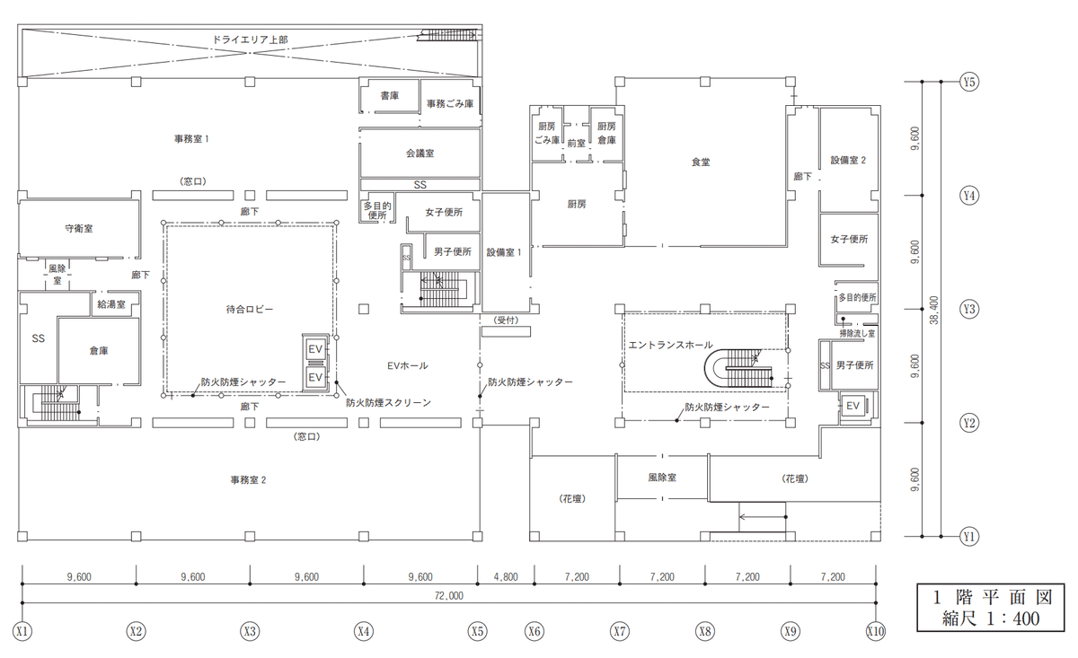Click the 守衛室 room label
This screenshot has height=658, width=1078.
click(x=79, y=229)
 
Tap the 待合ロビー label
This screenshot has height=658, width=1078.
click(x=250, y=310)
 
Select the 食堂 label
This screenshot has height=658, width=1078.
click(x=701, y=162)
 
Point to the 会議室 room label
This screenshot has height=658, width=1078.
click(x=420, y=154)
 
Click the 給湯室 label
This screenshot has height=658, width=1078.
click(x=111, y=304)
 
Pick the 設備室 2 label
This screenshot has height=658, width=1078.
click(x=848, y=160)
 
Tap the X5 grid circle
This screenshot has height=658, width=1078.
click(x=477, y=631)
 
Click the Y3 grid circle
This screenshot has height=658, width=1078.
click(x=969, y=309)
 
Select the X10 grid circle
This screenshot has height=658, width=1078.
click(x=875, y=631)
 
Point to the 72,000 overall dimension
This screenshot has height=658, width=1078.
click(x=448, y=596)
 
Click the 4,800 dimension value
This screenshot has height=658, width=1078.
click(x=506, y=576)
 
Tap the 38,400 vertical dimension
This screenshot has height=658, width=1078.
click(x=934, y=311)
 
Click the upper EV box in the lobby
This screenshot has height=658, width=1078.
click(x=315, y=349)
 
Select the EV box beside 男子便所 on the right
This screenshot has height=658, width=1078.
click(x=853, y=406)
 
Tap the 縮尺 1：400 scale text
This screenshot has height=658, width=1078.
click(x=990, y=619)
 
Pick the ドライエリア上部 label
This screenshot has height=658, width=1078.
click(x=251, y=39)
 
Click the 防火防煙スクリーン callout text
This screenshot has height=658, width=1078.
click(x=388, y=403)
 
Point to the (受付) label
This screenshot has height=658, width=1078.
click(x=506, y=320)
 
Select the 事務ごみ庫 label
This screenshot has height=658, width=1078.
click(x=450, y=104)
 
